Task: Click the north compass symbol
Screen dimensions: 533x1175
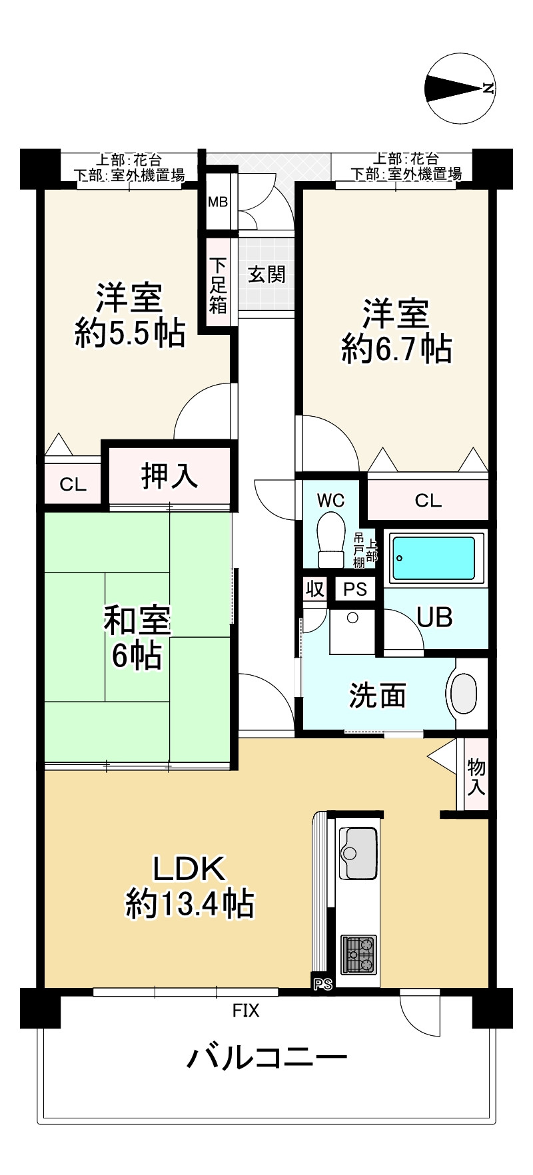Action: [x=460, y=89]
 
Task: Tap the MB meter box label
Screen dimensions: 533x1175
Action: [x=218, y=202]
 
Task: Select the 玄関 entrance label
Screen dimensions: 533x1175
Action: [x=266, y=274]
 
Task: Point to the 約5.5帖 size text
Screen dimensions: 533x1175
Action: [x=130, y=333]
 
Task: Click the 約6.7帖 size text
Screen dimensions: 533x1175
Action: [x=396, y=349]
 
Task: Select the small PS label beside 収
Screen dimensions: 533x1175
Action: [x=355, y=590]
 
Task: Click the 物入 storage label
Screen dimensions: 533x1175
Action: [x=476, y=777]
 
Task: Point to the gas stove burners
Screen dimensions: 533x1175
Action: [x=358, y=955]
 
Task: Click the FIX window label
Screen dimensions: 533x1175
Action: [x=245, y=1011]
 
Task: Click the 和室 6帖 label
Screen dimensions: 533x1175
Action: [x=137, y=638]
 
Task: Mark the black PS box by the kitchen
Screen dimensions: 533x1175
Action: [x=323, y=985]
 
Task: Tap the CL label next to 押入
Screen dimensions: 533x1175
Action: [x=73, y=485]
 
